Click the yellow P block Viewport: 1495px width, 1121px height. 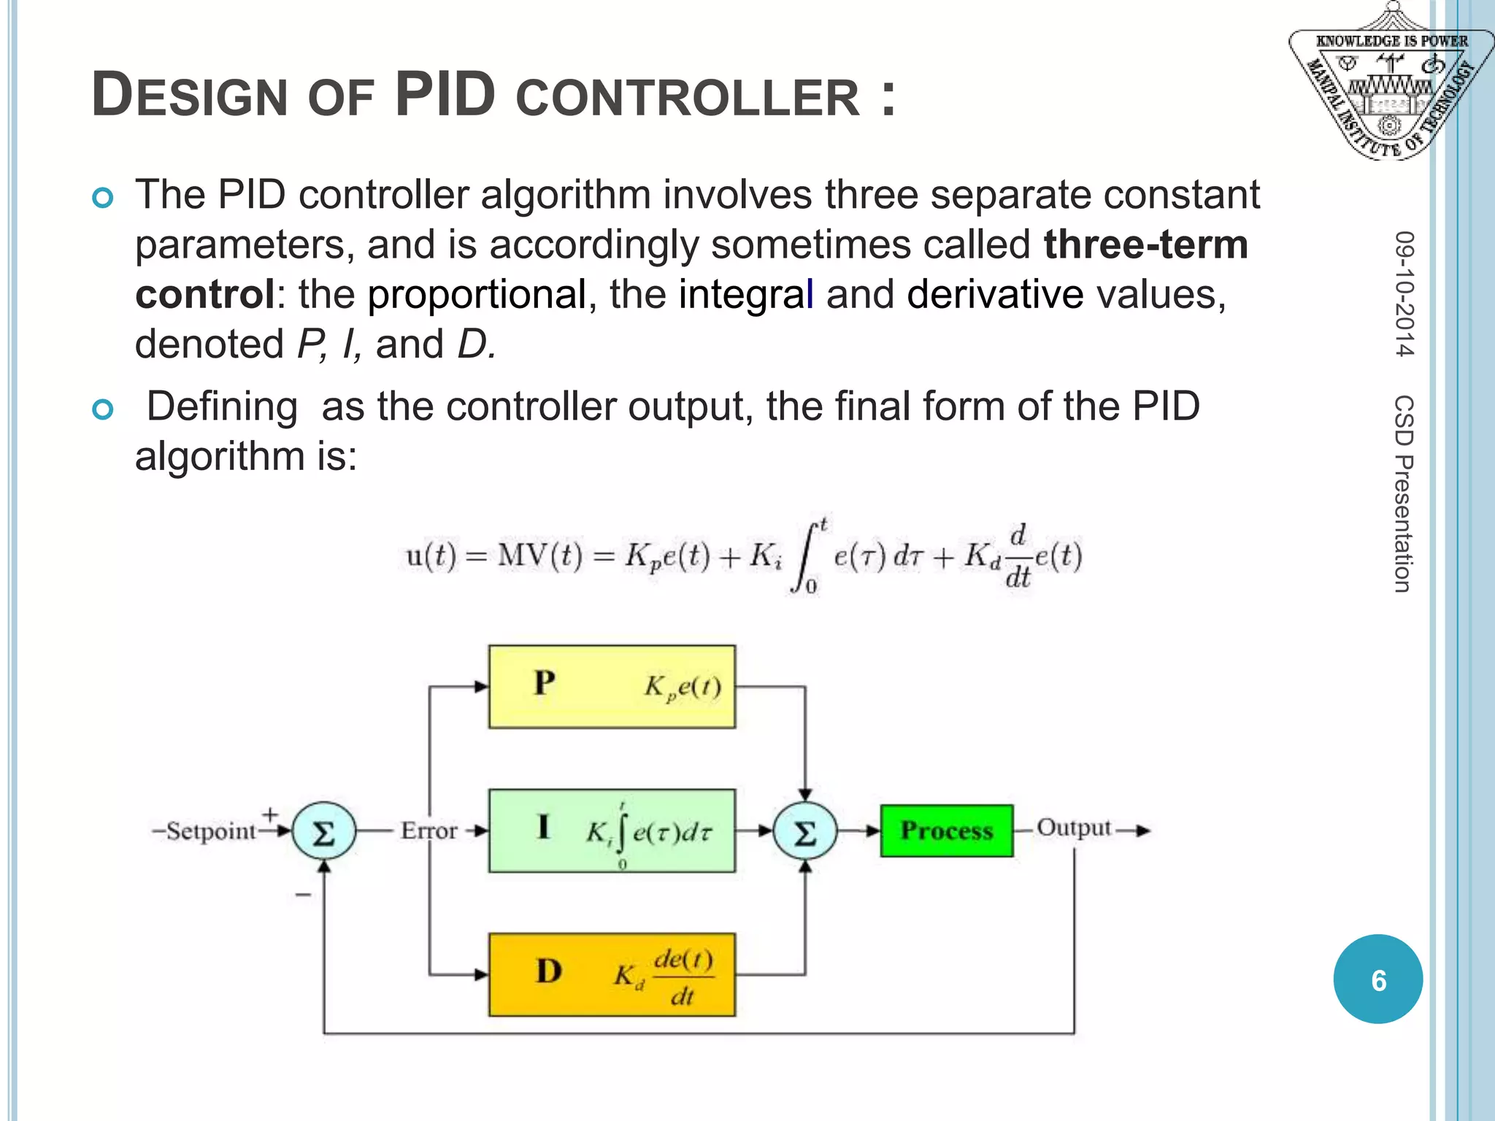click(612, 686)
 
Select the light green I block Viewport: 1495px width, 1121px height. click(612, 831)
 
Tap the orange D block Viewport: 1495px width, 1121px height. click(612, 974)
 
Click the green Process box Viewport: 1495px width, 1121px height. click(946, 831)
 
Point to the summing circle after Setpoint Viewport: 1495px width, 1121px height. click(323, 831)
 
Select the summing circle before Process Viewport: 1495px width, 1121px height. click(804, 831)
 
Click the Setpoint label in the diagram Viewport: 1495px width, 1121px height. click(211, 831)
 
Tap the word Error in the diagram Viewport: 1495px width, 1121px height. click(428, 831)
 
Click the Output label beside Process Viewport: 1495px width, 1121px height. click(1073, 828)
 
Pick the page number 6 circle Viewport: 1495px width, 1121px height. click(1377, 979)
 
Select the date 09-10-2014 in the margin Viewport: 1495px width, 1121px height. click(1404, 293)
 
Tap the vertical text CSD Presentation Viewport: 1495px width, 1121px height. click(1404, 493)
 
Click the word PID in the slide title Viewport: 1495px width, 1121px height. click(445, 95)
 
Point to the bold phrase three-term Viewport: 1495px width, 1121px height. click(1145, 244)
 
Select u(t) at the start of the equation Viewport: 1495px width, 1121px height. click(431, 557)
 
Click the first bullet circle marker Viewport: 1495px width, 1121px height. click(103, 198)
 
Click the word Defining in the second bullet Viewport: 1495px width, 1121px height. click(222, 407)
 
